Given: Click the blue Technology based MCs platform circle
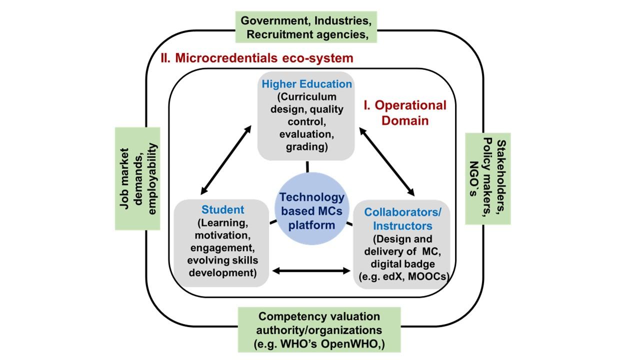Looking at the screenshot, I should click(x=312, y=210).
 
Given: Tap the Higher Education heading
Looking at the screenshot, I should click(x=307, y=83).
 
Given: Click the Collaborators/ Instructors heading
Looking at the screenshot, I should click(x=402, y=219).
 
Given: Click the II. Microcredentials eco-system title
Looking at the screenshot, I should click(x=257, y=58).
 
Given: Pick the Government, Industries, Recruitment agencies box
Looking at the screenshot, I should click(x=306, y=27).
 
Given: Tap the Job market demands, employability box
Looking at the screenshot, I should click(x=137, y=178).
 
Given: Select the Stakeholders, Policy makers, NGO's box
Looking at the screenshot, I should click(x=488, y=178).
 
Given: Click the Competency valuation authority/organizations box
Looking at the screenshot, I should click(x=318, y=330).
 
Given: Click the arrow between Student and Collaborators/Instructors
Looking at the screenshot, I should click(x=310, y=271).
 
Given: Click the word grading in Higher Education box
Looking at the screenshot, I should click(x=306, y=147).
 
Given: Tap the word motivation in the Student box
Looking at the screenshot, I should click(x=221, y=234).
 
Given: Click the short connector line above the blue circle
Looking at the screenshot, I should click(x=307, y=167).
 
